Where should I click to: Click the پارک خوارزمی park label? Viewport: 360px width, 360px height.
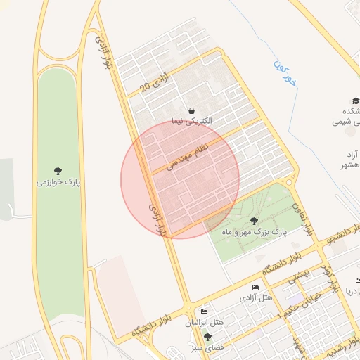coord(59,183)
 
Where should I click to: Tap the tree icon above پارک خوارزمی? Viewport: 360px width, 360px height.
coord(59,171)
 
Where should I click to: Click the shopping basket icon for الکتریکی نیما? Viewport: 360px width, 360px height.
coord(191,110)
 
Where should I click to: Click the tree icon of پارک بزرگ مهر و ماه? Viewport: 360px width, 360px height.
coord(254,221)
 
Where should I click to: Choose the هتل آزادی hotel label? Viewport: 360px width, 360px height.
coord(256,298)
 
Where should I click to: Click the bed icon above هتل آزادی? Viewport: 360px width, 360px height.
coord(256,288)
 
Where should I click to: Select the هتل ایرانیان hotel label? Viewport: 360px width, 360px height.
coord(204,323)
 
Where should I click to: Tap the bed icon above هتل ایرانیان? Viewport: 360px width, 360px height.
coord(204,312)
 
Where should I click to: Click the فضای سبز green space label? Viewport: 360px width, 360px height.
coord(207,348)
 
